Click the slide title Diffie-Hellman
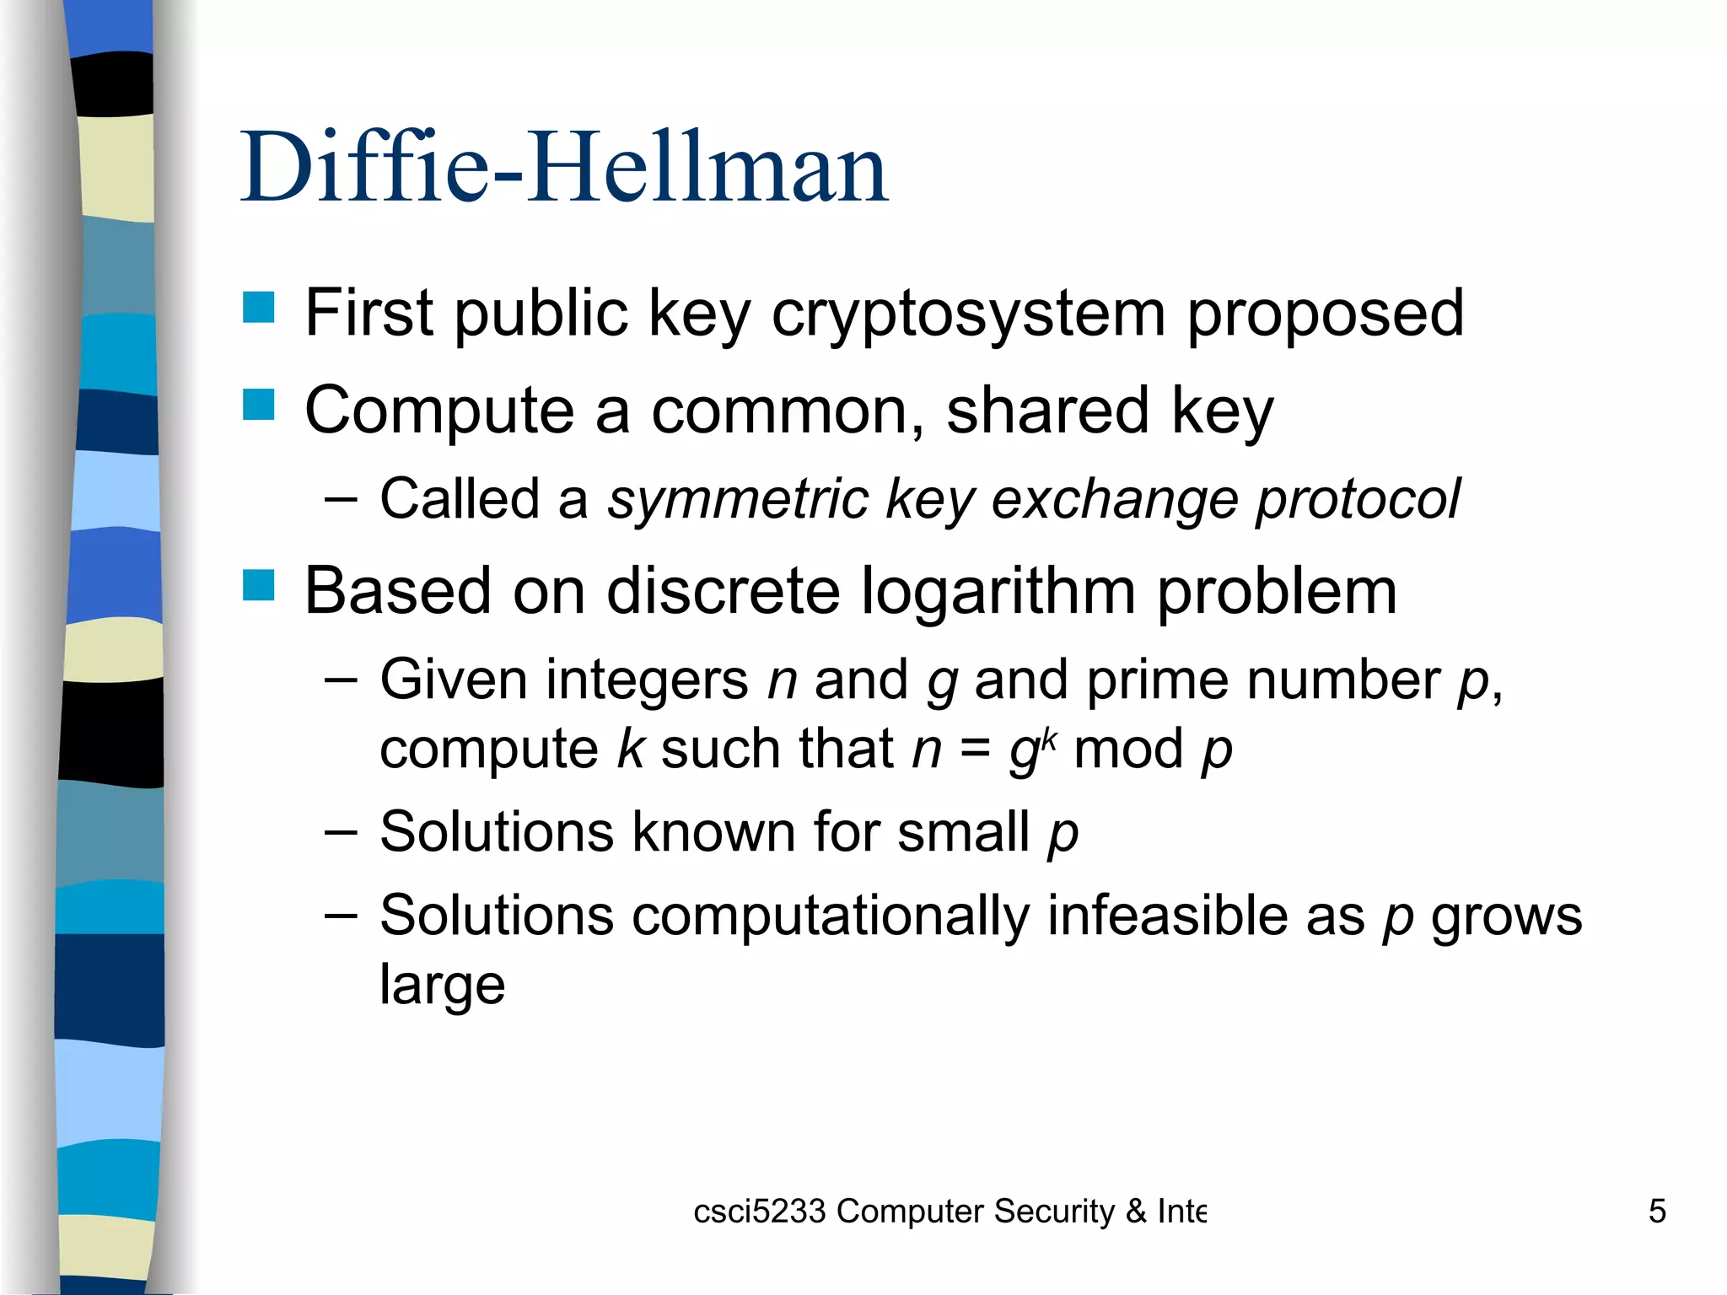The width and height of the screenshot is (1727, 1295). coord(563,168)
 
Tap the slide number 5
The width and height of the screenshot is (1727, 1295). coord(1656,1212)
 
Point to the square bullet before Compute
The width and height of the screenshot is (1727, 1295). coord(258,405)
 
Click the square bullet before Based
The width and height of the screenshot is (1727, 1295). coord(258,585)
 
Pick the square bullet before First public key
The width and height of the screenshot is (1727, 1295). coord(258,308)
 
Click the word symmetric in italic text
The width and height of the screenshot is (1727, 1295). coord(738,499)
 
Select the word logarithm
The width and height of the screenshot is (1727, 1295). coord(998,592)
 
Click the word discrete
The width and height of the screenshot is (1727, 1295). coord(724,592)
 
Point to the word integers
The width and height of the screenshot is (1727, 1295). coord(648,680)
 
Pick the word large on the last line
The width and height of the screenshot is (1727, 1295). coord(442,985)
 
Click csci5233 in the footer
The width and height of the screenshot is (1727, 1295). coord(759,1212)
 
